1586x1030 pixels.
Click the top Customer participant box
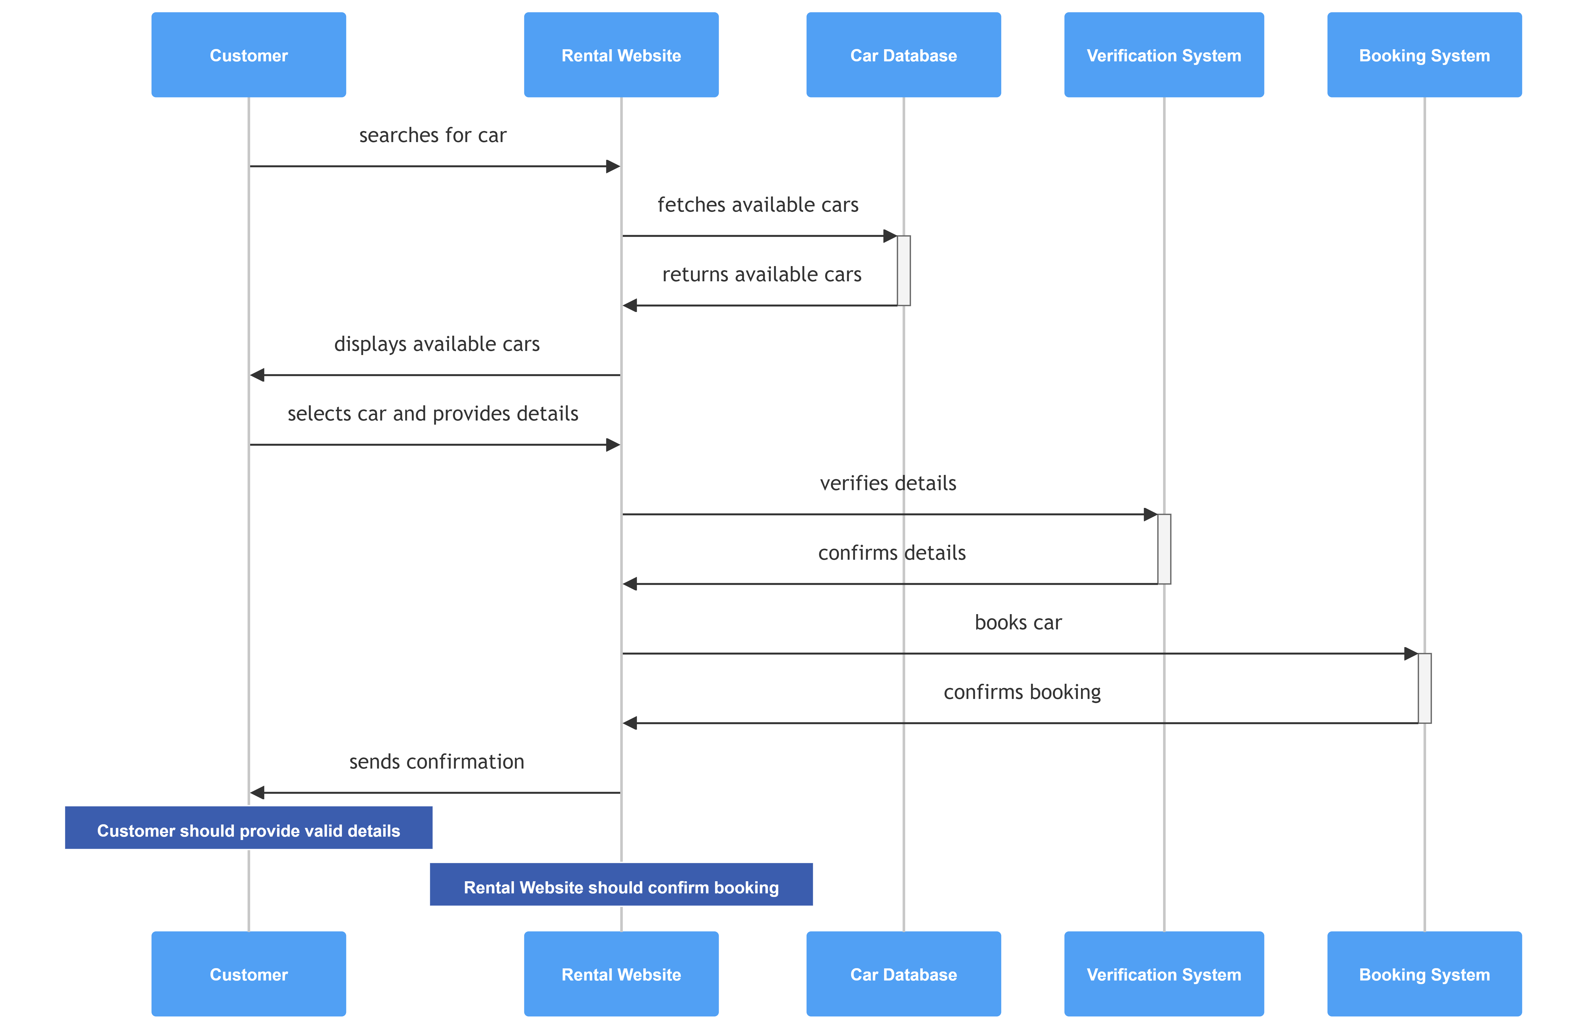[249, 55]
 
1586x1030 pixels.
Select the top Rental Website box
[621, 55]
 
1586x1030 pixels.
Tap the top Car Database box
[904, 55]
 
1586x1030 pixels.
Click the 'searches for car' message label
[433, 135]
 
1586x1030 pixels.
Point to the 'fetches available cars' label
[758, 204]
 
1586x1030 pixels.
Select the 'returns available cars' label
[762, 275]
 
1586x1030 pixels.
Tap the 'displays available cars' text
[437, 344]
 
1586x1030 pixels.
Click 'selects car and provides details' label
[433, 414]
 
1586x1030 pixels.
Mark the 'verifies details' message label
[888, 483]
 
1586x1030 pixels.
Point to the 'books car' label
[1018, 622]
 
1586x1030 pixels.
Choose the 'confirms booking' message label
[1022, 692]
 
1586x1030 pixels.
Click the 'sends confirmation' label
[437, 762]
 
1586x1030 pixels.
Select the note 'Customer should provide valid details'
[249, 827]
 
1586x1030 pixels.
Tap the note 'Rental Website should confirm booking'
[621, 884]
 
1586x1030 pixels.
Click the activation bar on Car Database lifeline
[904, 270]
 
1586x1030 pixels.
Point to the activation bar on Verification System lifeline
[1164, 549]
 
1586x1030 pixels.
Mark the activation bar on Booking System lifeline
[1425, 688]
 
